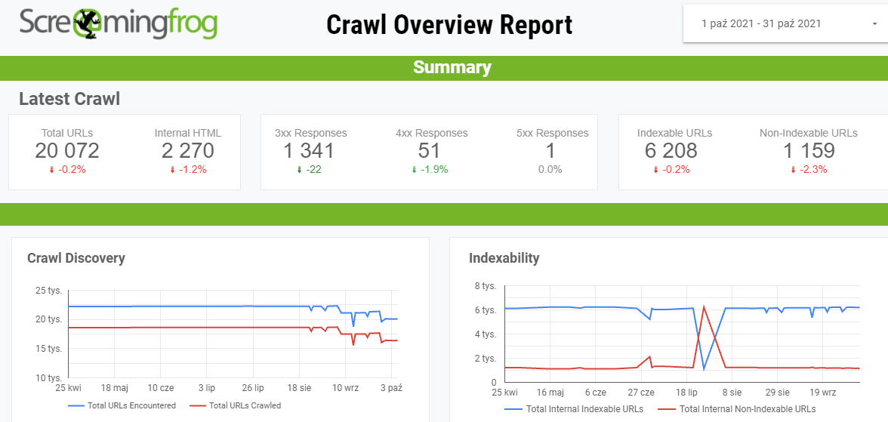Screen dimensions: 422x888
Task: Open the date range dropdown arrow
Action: coord(874,23)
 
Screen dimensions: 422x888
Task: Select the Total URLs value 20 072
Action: coord(67,151)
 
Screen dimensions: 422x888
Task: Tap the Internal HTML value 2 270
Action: coord(188,151)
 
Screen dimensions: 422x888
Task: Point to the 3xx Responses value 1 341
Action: coord(309,151)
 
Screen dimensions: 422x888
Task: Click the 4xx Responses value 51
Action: coord(430,151)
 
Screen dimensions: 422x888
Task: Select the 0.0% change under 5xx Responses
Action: coord(550,169)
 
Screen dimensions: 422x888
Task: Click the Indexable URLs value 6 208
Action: coord(671,151)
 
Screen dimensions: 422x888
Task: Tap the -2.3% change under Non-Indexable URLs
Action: coord(809,169)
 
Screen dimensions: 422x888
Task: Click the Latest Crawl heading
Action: coord(69,99)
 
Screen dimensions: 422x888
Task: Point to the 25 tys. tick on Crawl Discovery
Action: coord(49,290)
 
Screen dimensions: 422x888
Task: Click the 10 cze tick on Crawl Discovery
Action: coord(160,388)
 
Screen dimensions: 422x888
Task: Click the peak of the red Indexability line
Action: coord(704,306)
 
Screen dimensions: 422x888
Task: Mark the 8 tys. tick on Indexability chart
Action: coord(485,286)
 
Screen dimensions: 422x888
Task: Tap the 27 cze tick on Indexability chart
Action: coord(640,393)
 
